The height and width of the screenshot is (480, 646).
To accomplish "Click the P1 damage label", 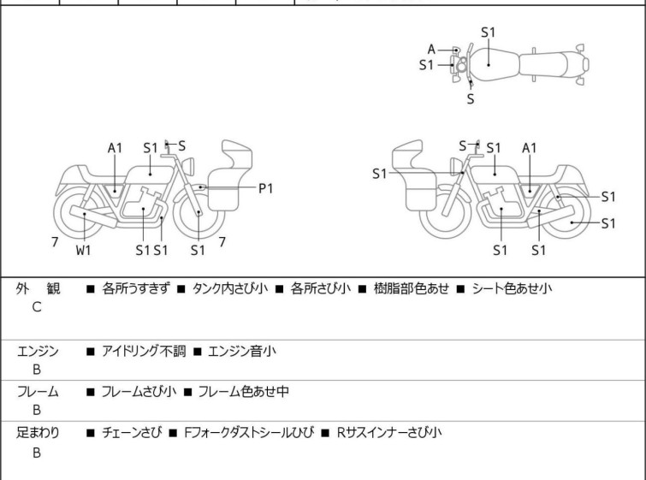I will click(265, 188).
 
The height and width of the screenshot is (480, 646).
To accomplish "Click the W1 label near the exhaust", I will click(83, 250).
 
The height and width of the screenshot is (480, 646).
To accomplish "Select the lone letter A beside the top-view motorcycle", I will click(432, 49).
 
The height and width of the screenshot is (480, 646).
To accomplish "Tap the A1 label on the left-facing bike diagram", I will click(116, 148).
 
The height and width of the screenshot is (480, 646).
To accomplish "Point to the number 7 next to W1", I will click(55, 242).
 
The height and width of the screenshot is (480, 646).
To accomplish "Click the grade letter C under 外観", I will click(37, 306).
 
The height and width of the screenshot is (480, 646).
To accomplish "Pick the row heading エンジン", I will click(38, 350).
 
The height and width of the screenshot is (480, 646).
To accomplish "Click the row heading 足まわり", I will click(38, 433).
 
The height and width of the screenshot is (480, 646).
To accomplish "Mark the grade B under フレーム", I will click(37, 410).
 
